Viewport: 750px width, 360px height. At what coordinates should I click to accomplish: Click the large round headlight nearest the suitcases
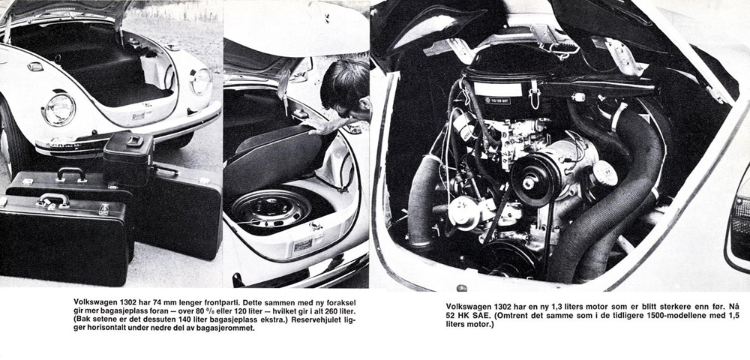pyautogui.click(x=58, y=109)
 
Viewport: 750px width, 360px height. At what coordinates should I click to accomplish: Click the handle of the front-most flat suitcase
pyautogui.click(x=55, y=199)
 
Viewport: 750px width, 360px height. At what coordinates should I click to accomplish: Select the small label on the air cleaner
pyautogui.click(x=496, y=99)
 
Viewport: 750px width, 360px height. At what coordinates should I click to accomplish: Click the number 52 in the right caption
pyautogui.click(x=453, y=316)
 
